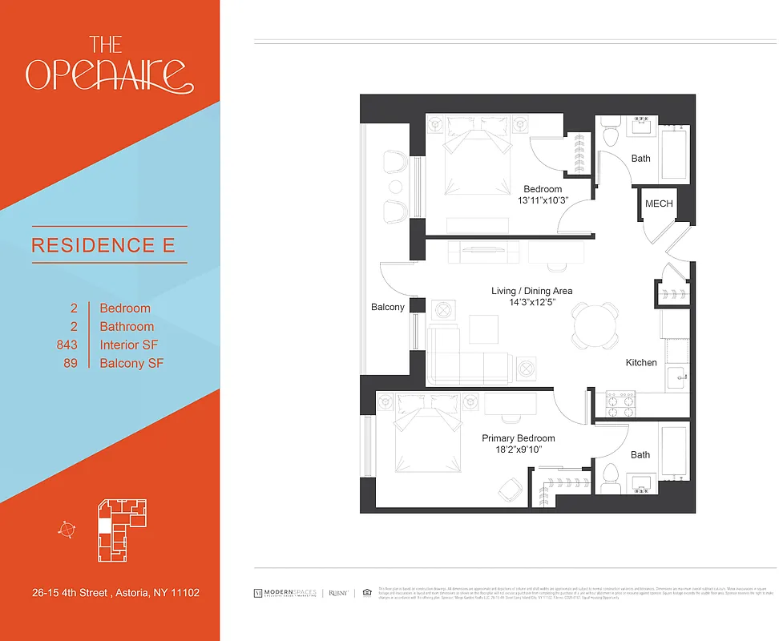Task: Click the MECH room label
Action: click(659, 204)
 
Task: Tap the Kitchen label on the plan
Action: click(641, 363)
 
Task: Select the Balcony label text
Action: click(388, 307)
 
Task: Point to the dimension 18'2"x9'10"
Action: click(518, 450)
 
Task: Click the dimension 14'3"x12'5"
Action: click(531, 303)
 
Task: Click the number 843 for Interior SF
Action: click(67, 345)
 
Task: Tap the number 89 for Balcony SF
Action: click(71, 364)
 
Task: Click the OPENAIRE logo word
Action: click(109, 74)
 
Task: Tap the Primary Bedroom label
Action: click(518, 438)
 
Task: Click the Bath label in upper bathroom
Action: click(641, 159)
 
